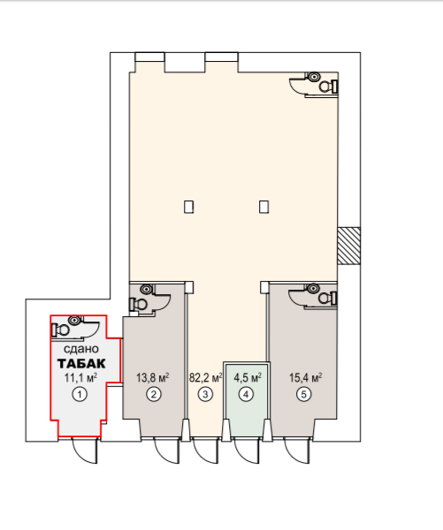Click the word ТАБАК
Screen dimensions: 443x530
tap(81, 364)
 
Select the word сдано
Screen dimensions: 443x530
tap(81, 349)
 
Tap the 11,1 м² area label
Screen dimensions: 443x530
tap(80, 377)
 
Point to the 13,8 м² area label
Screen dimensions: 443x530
tap(153, 377)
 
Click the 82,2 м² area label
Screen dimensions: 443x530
tap(205, 377)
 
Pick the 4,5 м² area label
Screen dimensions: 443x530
tap(248, 377)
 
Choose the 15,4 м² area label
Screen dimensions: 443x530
tap(305, 377)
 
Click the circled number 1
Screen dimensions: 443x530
tap(80, 394)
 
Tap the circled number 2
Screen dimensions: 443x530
tap(154, 394)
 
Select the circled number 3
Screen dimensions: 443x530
tap(205, 394)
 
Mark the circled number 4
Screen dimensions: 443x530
tap(246, 394)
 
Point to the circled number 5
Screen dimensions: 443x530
tap(303, 394)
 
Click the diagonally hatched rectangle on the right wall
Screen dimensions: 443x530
tap(348, 246)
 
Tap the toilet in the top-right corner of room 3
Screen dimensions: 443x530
tap(328, 87)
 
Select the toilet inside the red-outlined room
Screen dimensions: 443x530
tap(61, 329)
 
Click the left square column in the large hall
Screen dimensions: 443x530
tap(189, 207)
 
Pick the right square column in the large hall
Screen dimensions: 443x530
tap(264, 207)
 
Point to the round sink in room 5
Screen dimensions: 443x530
tap(313, 289)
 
